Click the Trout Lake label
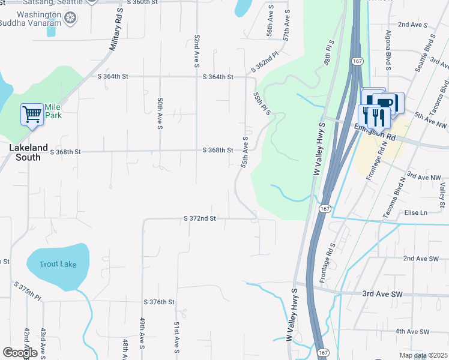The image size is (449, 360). click(x=58, y=264)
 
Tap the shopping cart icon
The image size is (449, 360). click(x=31, y=113)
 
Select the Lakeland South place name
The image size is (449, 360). click(x=25, y=152)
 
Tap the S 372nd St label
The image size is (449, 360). click(x=199, y=219)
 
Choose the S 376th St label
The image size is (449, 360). click(x=158, y=302)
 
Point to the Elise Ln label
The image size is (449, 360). click(x=415, y=213)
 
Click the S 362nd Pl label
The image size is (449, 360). click(x=265, y=62)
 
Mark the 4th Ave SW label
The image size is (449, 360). click(x=412, y=331)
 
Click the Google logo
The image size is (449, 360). click(x=19, y=353)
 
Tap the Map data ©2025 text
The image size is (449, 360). click(x=424, y=356)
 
